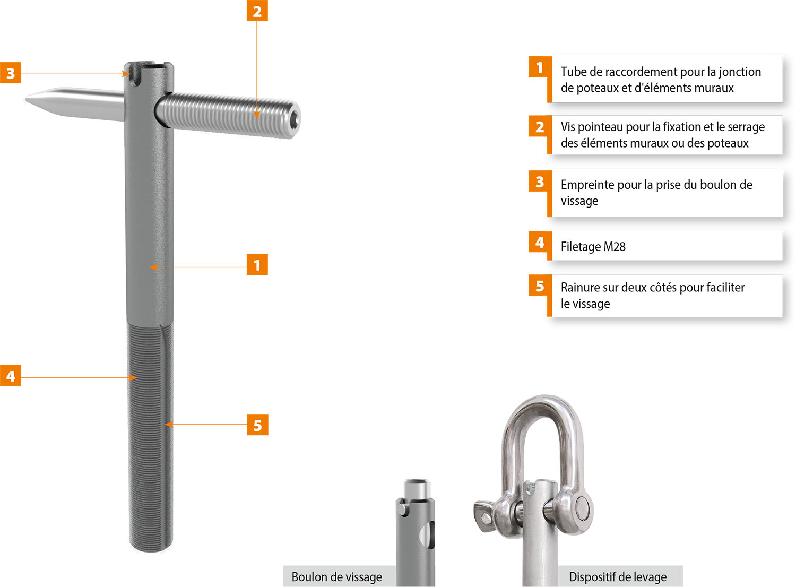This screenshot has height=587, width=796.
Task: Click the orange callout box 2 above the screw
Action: click(257, 11)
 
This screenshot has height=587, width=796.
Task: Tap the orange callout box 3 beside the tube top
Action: click(11, 73)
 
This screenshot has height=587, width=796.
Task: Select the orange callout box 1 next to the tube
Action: click(257, 264)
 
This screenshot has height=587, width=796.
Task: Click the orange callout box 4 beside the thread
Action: click(11, 376)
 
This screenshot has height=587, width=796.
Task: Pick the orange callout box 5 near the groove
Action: click(257, 425)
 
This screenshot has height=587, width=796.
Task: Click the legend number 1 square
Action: click(540, 67)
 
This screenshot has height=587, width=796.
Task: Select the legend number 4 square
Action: click(540, 242)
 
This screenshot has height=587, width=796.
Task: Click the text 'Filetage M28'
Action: click(593, 247)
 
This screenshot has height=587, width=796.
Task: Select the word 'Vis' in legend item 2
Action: click(568, 127)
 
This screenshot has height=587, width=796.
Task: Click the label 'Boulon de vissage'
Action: click(337, 577)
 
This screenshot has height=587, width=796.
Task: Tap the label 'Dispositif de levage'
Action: click(618, 577)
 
